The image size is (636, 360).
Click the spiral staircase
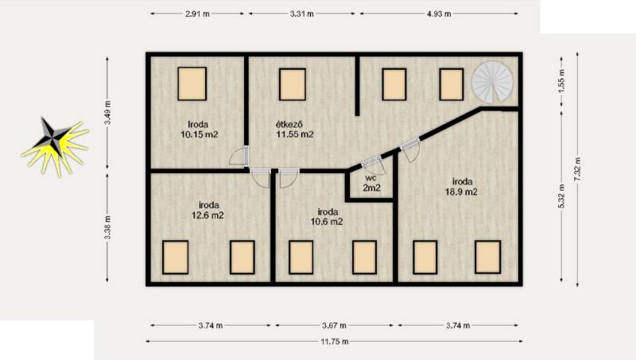click(492, 83)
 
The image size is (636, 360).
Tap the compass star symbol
click(54, 146)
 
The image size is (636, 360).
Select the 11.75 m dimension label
click(335, 342)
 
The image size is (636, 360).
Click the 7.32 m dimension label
click(578, 169)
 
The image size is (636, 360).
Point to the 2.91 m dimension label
click(197, 14)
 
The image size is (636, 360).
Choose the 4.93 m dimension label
click(439, 14)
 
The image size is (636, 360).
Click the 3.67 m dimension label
click(334, 325)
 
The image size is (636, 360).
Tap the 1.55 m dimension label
click(562, 81)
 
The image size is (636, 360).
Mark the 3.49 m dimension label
click(107, 113)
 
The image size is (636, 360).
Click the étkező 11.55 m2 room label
click(295, 130)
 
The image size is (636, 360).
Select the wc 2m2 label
click(371, 183)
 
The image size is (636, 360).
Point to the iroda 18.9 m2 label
click(462, 187)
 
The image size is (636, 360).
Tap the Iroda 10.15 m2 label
click(200, 130)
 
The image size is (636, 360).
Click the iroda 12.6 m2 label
click(207, 210)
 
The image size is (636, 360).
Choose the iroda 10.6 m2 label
click(327, 216)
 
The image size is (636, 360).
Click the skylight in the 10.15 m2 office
click(192, 84)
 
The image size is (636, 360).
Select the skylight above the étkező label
click(293, 84)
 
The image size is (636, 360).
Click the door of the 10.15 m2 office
click(240, 156)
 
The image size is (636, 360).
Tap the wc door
click(374, 165)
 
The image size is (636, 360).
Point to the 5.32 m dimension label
click(562, 196)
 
